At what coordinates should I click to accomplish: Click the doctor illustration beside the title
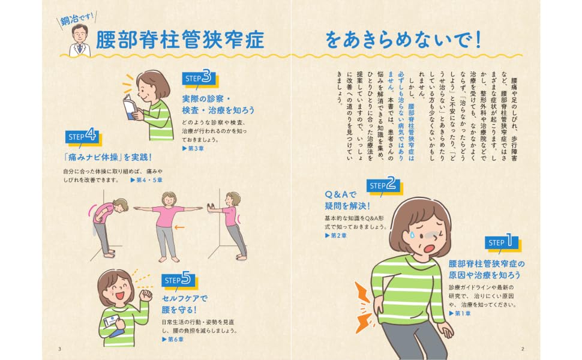pyautogui.click(x=80, y=40)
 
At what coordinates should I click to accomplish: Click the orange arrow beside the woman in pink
pyautogui.click(x=179, y=227)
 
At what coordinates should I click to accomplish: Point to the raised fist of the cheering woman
pyautogui.click(x=145, y=295)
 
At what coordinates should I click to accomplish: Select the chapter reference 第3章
pyautogui.click(x=193, y=148)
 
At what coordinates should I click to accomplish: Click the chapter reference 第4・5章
pyautogui.click(x=146, y=180)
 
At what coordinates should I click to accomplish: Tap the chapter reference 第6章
pyautogui.click(x=173, y=339)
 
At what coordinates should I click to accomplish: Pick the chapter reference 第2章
pyautogui.click(x=335, y=235)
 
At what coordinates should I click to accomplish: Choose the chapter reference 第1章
pyautogui.click(x=460, y=313)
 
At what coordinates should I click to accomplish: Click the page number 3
pyautogui.click(x=60, y=349)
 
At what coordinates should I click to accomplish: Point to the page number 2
pyautogui.click(x=523, y=349)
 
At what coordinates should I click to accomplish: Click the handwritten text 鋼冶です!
pyautogui.click(x=77, y=18)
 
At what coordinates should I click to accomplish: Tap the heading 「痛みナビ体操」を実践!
pyautogui.click(x=107, y=157)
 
